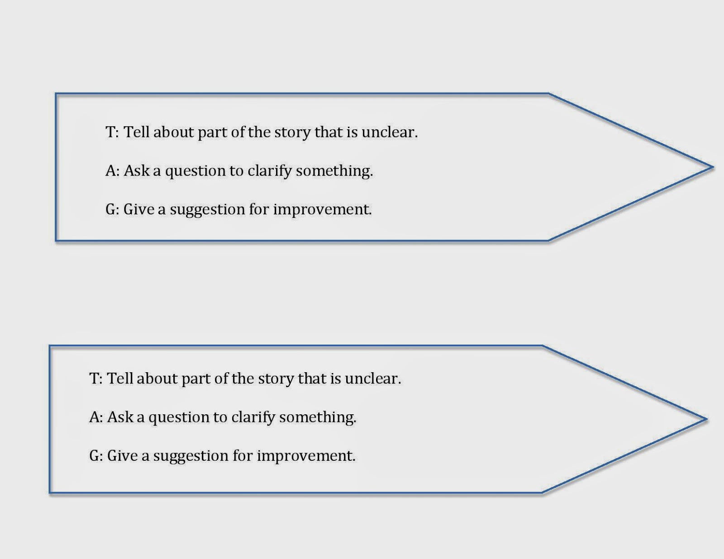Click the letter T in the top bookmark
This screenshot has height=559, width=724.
[x=110, y=132]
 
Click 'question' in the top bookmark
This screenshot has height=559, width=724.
[x=195, y=171]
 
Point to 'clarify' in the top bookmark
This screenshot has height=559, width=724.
[x=269, y=171]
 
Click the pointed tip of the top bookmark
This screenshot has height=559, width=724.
[x=713, y=167]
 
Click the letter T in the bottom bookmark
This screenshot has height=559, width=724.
[x=94, y=379]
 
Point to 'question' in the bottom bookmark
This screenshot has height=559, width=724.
[x=179, y=418]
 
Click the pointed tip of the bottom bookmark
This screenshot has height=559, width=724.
[x=706, y=419]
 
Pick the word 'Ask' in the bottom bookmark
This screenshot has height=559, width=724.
[x=122, y=417]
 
